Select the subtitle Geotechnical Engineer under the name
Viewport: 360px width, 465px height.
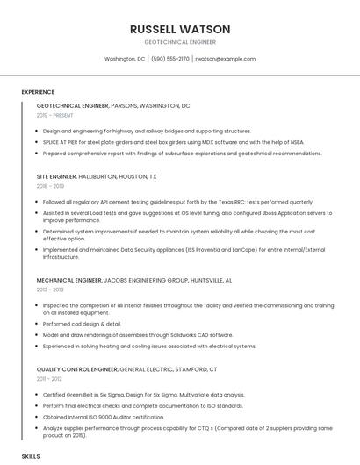click(x=179, y=41)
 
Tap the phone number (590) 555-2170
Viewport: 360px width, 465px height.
click(x=170, y=59)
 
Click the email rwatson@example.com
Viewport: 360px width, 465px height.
click(x=225, y=59)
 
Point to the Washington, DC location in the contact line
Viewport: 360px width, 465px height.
click(x=125, y=59)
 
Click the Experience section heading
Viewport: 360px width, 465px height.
click(x=38, y=92)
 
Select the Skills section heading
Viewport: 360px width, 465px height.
click(x=31, y=457)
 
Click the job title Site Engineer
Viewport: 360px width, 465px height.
click(x=56, y=176)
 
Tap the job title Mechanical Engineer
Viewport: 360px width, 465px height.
click(x=69, y=280)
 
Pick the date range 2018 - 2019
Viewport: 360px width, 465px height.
click(x=50, y=186)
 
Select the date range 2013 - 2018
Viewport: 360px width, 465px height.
click(x=50, y=290)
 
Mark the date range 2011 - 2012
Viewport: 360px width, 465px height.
click(x=49, y=378)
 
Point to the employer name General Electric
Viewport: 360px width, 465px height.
click(x=146, y=368)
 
